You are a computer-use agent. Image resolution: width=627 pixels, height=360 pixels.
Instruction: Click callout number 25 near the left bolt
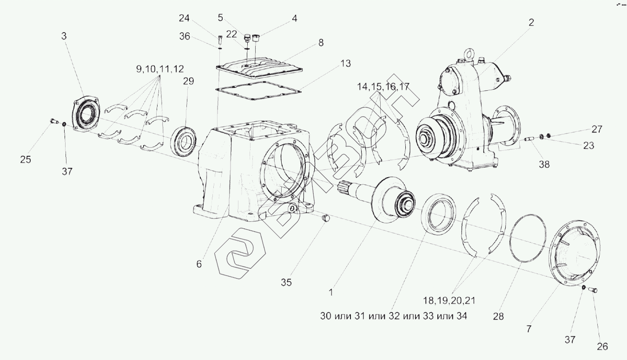[26, 160]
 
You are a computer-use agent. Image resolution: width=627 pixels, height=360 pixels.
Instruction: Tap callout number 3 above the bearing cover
[64, 35]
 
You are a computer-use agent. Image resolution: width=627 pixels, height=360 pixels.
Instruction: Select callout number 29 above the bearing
[188, 81]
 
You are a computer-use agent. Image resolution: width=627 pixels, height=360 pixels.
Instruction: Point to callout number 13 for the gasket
[345, 63]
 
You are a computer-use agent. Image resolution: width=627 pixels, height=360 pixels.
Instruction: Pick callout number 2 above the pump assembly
[531, 22]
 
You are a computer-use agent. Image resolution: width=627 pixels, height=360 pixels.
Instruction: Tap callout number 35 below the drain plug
[286, 282]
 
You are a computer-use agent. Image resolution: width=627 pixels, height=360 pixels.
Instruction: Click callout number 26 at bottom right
[602, 346]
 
